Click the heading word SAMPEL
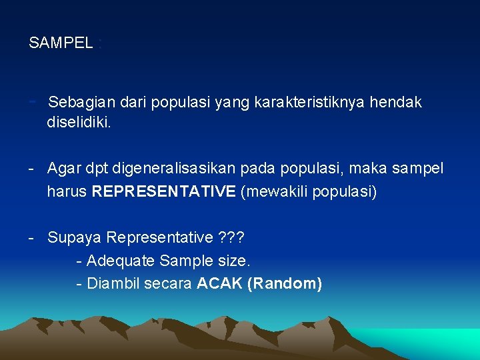coord(61,43)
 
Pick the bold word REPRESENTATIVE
coord(163,192)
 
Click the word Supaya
coord(75,238)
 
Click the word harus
coord(67,192)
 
